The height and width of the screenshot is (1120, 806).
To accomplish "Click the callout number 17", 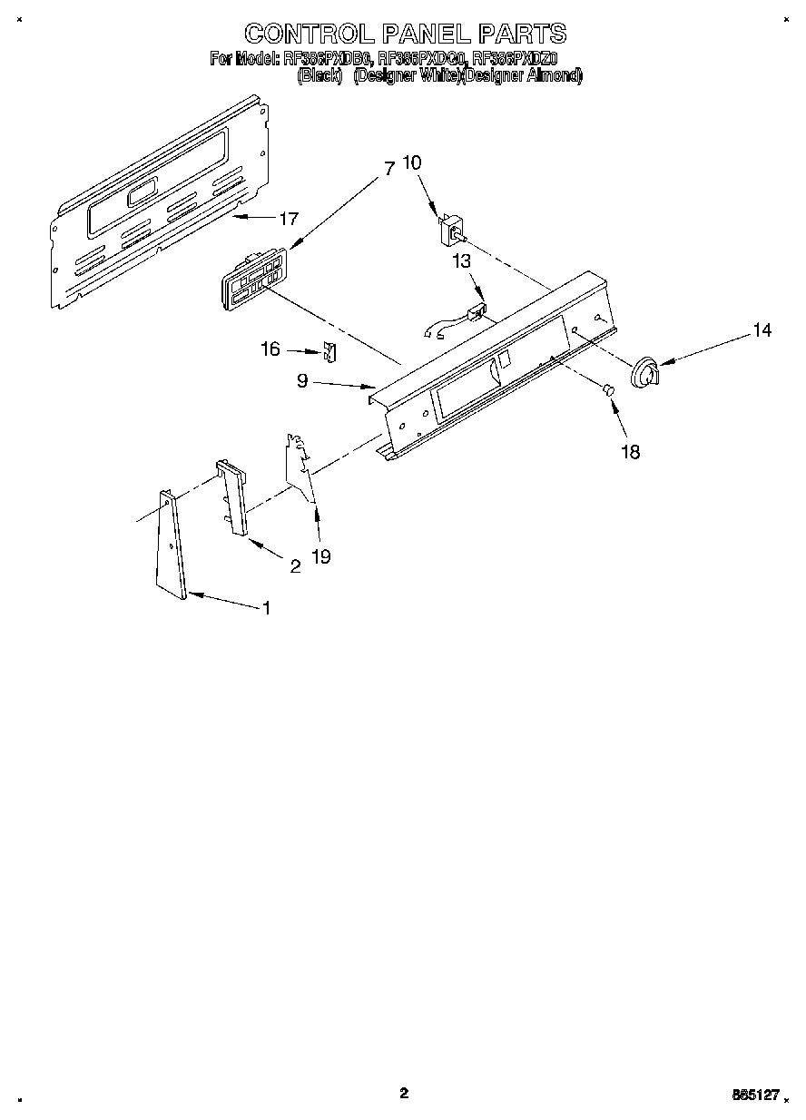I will [x=289, y=219].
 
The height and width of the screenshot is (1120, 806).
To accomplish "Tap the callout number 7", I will [x=388, y=169].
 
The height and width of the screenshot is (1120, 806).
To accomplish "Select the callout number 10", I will [x=411, y=163].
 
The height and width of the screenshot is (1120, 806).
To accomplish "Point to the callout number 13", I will [x=462, y=261].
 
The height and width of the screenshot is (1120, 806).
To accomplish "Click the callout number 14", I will [x=761, y=331].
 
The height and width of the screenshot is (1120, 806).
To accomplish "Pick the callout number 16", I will [x=270, y=349].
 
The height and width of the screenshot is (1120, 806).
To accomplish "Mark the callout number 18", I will [x=629, y=452].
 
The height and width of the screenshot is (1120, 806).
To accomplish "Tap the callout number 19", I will [x=320, y=556].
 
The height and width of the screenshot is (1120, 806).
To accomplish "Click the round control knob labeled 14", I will [x=646, y=375].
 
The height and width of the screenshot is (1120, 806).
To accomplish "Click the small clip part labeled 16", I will [x=330, y=352].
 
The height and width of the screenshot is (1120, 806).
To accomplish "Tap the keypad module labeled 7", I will [x=252, y=278].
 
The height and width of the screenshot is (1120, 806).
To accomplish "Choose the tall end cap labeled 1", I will [x=172, y=545].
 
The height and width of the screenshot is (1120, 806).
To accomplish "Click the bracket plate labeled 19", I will [x=300, y=466].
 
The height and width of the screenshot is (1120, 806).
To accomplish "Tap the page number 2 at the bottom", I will [x=404, y=1093].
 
